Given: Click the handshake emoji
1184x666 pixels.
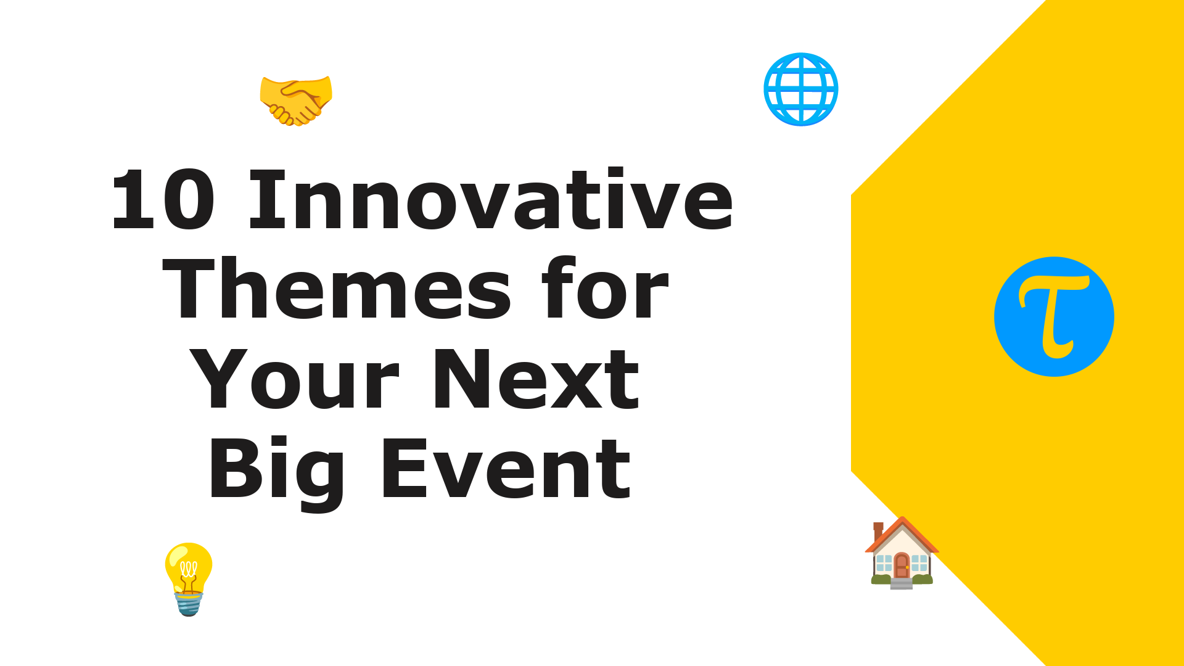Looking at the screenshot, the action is point(296,101).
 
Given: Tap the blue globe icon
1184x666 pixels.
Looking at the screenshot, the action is point(801,89).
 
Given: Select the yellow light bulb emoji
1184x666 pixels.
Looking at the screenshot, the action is point(189,579).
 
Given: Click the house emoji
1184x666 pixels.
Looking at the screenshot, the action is point(902,553).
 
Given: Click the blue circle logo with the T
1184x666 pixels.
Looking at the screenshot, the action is point(1054,316).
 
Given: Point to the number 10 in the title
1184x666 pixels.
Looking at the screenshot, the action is point(163,200).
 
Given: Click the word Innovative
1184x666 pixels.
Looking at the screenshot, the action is point(491,199).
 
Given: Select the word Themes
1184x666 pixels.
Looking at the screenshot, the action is point(337,289).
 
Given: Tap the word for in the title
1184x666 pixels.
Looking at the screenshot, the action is point(605,289).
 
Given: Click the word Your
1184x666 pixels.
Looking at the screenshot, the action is point(294,378).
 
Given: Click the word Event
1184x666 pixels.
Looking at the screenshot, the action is point(506,469).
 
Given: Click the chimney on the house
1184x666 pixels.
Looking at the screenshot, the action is point(878,530).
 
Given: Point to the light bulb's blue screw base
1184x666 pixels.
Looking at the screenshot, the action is point(189,603).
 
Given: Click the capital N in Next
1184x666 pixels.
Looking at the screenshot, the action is point(462,378).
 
